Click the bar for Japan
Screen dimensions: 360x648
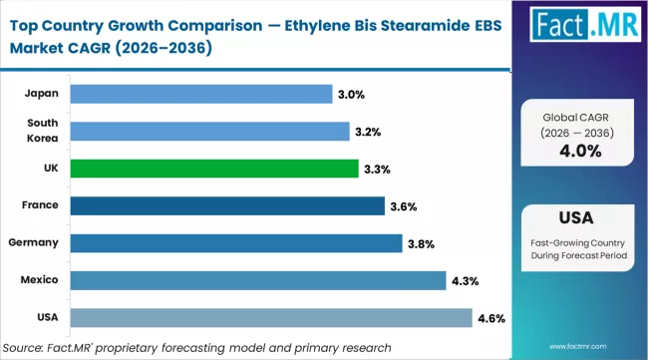[201, 94]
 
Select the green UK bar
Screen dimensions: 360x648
[214, 169]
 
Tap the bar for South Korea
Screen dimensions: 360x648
[210, 131]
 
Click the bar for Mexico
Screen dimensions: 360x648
[258, 280]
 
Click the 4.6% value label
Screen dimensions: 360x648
[490, 318]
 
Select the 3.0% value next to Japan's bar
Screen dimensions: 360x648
[351, 94]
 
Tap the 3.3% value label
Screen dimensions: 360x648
[377, 169]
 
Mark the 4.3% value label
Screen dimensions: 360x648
[465, 281]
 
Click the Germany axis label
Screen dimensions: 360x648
[34, 243]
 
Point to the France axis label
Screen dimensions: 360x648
[38, 205]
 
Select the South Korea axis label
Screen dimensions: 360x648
[42, 131]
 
